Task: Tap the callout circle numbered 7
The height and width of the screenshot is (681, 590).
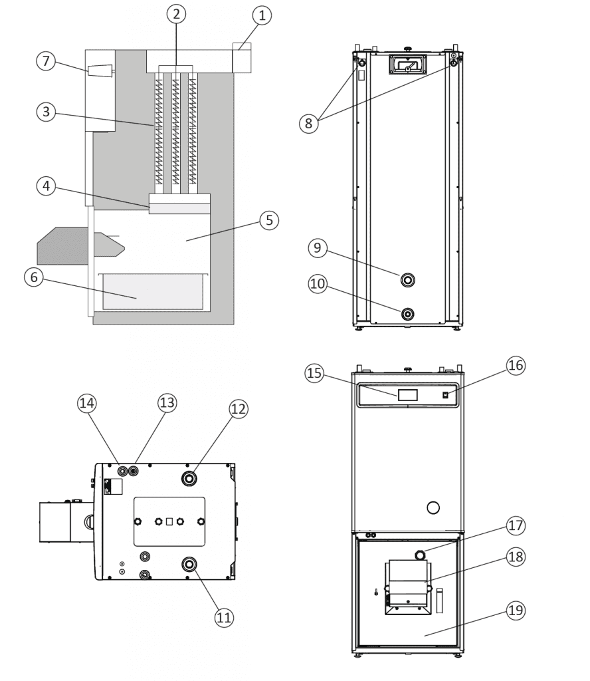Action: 46,62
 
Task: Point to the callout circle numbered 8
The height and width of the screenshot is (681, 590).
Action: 307,123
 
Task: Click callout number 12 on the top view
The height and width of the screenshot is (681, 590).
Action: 239,409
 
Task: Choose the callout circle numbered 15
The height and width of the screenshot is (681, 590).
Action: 314,373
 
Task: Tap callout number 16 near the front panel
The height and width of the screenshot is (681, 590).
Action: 516,364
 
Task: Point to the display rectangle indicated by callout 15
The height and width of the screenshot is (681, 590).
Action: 407,395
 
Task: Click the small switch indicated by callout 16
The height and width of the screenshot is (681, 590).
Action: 446,395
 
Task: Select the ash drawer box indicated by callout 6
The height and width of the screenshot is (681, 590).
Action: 152,293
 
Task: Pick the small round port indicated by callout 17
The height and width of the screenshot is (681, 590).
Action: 421,555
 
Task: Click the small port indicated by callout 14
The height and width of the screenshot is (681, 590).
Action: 122,471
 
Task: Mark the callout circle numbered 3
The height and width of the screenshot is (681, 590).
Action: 46,112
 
